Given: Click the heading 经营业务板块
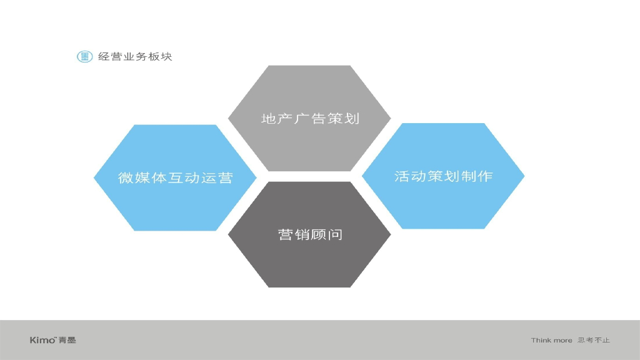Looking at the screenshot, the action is click(135, 57).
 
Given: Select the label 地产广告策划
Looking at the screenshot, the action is click(310, 118).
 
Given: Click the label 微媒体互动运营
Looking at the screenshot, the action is click(176, 177).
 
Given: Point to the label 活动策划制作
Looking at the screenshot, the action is click(444, 176).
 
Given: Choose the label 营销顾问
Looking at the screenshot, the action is click(310, 235).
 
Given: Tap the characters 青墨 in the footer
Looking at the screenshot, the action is click(67, 340).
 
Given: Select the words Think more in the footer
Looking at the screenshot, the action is click(551, 340).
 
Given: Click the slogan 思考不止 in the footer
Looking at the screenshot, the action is click(594, 340).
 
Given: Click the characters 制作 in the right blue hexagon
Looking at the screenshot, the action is click(477, 176).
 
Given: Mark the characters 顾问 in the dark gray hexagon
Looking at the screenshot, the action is click(327, 235).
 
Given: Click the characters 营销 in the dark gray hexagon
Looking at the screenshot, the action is click(294, 235).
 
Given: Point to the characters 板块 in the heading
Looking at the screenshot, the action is click(159, 57).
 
